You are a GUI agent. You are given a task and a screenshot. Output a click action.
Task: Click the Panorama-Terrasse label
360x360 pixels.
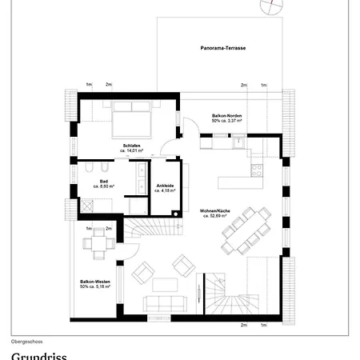click(223, 49)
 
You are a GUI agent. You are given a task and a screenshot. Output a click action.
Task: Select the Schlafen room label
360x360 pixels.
click(132, 145)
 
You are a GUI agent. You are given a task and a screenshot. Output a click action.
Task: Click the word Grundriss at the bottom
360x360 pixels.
click(39, 354)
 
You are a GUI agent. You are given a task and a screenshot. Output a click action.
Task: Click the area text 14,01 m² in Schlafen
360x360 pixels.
click(132, 150)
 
